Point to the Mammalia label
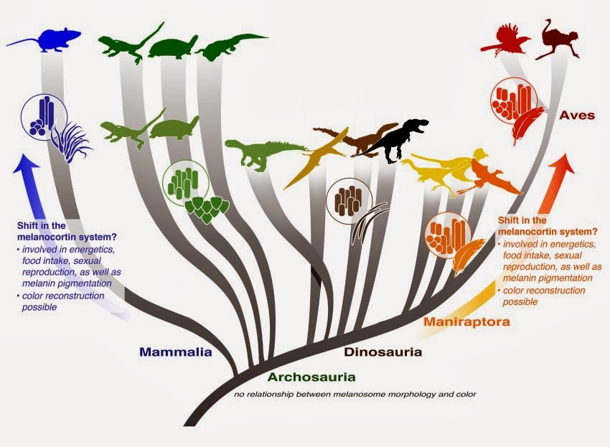click(176, 352)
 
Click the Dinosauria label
click(383, 352)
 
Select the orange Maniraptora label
click(466, 321)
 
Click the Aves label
click(578, 115)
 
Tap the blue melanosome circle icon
click(44, 117)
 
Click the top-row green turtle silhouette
click(173, 47)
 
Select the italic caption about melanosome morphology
click(355, 394)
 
